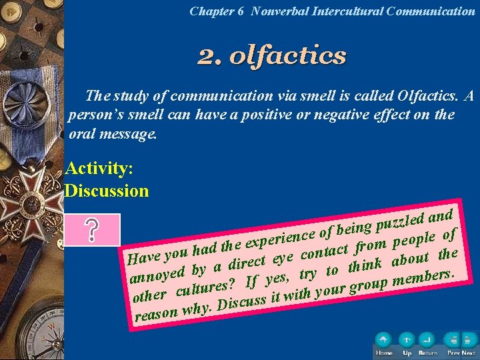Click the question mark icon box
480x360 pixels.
[92, 230]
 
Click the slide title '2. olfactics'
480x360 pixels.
[272, 55]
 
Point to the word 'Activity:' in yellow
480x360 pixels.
[99, 168]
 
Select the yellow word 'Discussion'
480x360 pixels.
[107, 191]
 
